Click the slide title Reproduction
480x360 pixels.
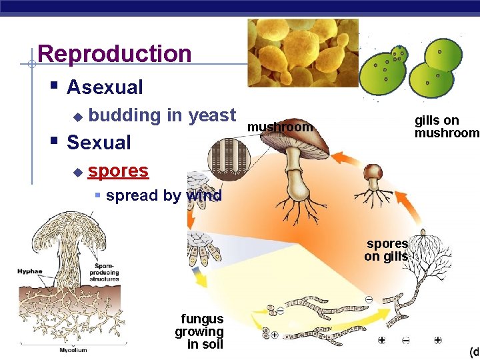(x=115, y=54)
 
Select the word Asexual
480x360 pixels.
(x=105, y=87)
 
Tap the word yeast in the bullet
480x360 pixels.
(x=212, y=115)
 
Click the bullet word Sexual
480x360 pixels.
(x=99, y=142)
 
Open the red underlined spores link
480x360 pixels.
(x=118, y=171)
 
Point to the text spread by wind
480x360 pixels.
(x=163, y=196)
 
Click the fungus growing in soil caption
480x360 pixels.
(x=199, y=331)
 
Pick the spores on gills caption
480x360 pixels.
(x=387, y=250)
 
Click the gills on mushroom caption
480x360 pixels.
(x=445, y=126)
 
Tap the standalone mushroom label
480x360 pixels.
(x=279, y=127)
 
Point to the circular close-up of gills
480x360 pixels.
(x=229, y=164)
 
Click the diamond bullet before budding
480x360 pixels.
(x=77, y=117)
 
